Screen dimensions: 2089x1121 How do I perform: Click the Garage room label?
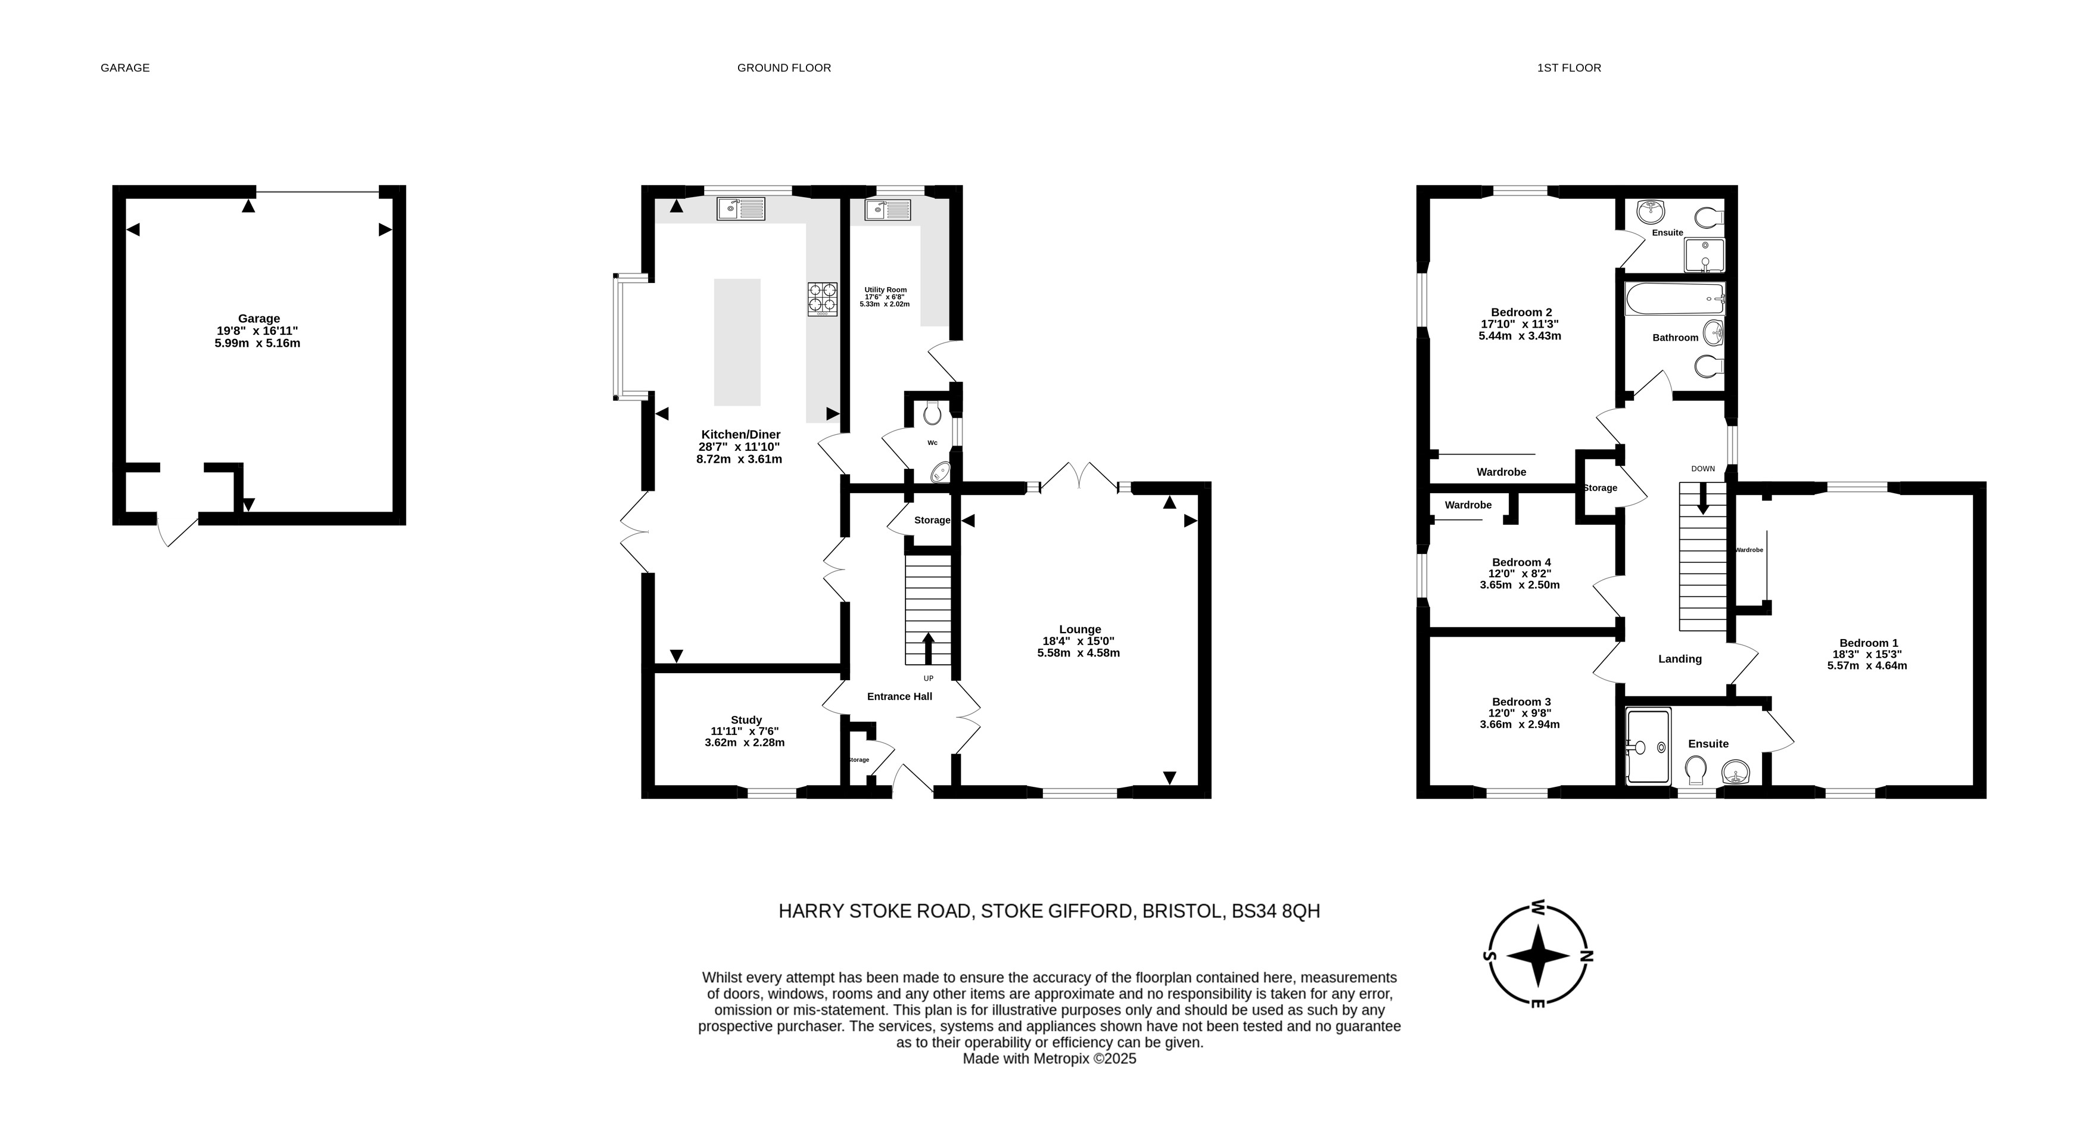[259, 319]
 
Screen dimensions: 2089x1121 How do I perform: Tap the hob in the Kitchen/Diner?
[822, 298]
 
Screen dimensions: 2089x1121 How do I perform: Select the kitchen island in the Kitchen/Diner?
[737, 342]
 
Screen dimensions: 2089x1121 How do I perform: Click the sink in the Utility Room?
[888, 210]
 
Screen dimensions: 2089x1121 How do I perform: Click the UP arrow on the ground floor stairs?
[927, 649]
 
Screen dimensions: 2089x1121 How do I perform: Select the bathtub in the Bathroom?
[1674, 300]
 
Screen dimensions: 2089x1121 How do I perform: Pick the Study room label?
[746, 720]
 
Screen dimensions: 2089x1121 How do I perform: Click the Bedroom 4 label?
[1521, 562]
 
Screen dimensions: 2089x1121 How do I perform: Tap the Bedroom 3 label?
[1521, 702]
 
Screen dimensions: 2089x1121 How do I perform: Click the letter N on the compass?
[1587, 955]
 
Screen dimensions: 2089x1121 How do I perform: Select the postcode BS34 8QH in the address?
[1276, 911]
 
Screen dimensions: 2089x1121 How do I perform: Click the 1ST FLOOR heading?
[1569, 68]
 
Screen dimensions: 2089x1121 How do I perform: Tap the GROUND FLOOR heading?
[784, 68]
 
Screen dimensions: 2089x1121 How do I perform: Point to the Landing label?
[1679, 659]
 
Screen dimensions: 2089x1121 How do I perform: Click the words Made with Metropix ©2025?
[1050, 1058]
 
